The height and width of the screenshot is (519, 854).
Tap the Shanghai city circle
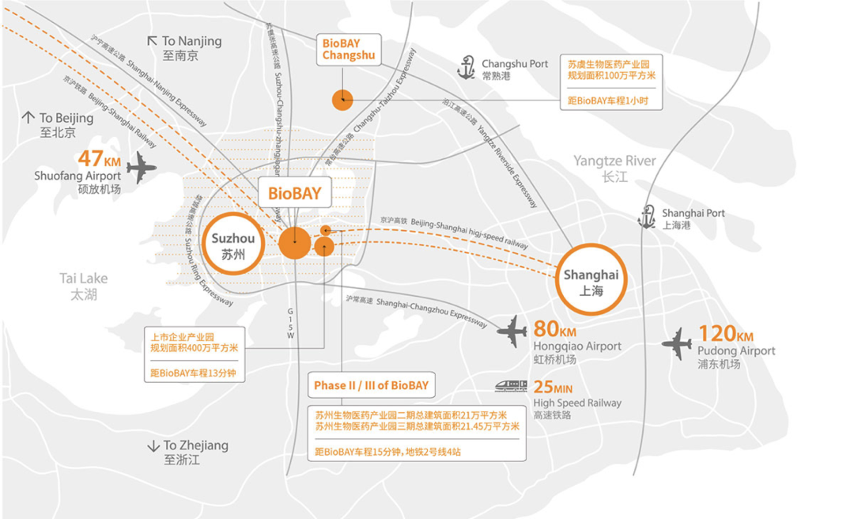(591, 282)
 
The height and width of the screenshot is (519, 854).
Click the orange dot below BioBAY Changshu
(342, 100)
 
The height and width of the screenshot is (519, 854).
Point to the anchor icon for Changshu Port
(467, 68)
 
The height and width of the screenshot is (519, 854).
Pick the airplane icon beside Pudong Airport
(677, 343)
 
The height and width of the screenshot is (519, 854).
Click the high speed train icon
(512, 385)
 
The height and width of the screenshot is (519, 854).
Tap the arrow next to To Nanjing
(153, 41)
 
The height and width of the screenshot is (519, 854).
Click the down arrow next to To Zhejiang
(153, 446)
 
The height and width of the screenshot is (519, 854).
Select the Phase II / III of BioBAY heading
(371, 386)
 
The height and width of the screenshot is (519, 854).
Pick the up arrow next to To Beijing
(28, 118)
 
